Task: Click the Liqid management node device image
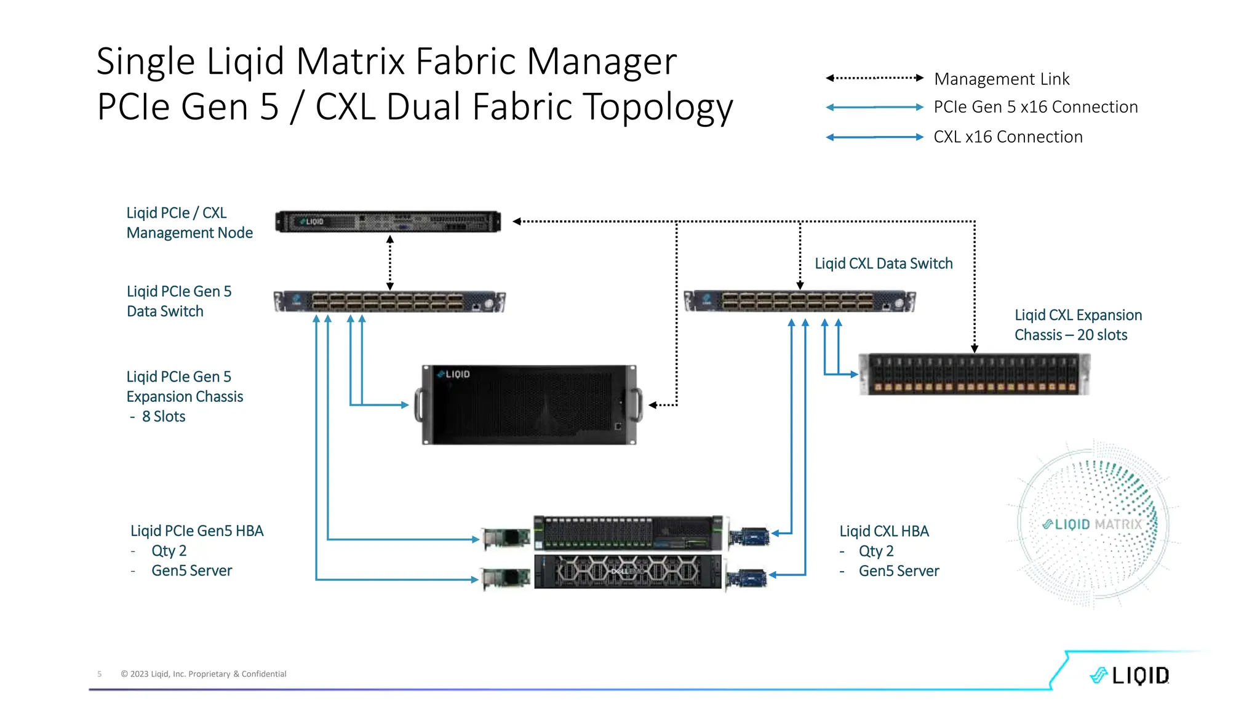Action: (388, 222)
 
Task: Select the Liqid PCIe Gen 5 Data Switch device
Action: (389, 302)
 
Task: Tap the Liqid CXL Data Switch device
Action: (799, 302)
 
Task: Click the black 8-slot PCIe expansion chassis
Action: (529, 405)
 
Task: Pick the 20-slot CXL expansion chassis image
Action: (974, 374)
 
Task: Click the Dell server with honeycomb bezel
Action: (628, 572)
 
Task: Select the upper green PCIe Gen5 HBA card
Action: (506, 539)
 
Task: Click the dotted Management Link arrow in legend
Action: (874, 78)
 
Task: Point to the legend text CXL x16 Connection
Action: (1008, 137)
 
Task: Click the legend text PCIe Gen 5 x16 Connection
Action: (1035, 107)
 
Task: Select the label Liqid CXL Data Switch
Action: (883, 263)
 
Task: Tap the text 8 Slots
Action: (163, 417)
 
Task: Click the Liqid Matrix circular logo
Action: (1093, 524)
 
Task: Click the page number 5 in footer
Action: (100, 674)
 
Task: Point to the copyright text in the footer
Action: (204, 674)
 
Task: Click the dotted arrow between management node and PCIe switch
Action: (390, 263)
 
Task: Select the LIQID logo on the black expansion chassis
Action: (454, 374)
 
